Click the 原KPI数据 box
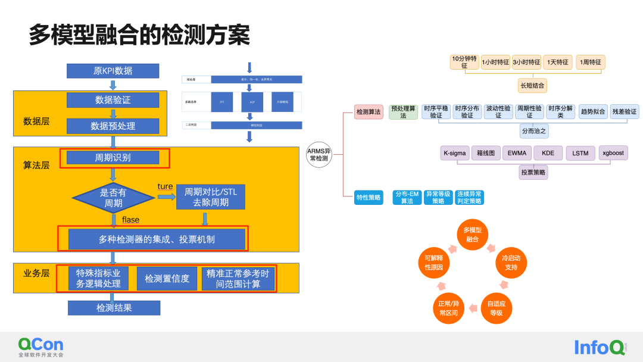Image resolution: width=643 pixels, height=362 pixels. pos(113,71)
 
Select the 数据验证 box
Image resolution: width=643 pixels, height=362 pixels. pos(113,100)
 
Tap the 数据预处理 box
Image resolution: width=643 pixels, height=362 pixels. pos(113,126)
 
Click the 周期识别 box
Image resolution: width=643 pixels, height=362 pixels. pos(113,158)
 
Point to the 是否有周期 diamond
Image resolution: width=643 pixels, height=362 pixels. pos(113,198)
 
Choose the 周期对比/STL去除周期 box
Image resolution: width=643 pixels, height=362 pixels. pos(210,198)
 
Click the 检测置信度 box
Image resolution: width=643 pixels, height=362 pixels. pos(167,279)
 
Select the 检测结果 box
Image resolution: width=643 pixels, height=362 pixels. pos(114,308)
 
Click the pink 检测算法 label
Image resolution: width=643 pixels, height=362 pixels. pos(369,112)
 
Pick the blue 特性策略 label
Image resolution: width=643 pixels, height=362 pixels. pos(369,198)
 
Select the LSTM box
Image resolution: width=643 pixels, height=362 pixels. pos(580,153)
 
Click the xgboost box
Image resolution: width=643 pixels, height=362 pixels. pos(613,153)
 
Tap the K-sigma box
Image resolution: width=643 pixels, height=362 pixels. pos(454,153)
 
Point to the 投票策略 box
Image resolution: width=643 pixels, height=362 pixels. pos(533,173)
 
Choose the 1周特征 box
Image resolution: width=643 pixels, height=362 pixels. pos(591,63)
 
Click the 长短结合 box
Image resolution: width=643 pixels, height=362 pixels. pos(532,85)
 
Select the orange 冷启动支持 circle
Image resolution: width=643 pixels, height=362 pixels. pos(510,263)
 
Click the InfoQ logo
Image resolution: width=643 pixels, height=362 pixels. pos(600,347)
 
